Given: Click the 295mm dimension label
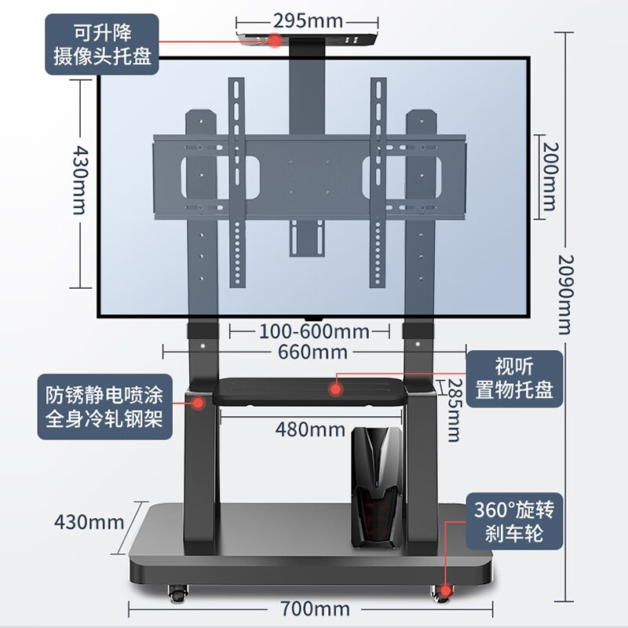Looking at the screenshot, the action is (308, 21).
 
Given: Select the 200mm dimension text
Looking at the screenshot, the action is (549, 177).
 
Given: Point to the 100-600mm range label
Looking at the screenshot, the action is (314, 331).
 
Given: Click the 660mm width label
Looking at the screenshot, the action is (312, 352).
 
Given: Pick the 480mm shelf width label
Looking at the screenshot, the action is (310, 429).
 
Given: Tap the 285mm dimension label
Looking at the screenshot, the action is (454, 410).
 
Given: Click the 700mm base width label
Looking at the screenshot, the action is (315, 609).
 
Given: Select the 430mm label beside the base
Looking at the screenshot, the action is (89, 522).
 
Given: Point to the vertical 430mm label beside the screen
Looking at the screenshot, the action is (80, 180).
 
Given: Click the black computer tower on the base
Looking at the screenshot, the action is (377, 487).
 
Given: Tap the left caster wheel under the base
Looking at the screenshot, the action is (178, 593).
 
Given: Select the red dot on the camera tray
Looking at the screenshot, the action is (275, 40).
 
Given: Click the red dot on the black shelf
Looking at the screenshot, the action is (336, 389).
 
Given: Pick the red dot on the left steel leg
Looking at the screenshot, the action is (199, 403).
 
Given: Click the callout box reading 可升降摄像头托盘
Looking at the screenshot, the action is (102, 45).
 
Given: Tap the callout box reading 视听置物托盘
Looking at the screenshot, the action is (514, 379).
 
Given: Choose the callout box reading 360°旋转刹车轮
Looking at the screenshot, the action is (514, 521).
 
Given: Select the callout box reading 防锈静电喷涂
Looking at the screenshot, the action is (105, 407).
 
